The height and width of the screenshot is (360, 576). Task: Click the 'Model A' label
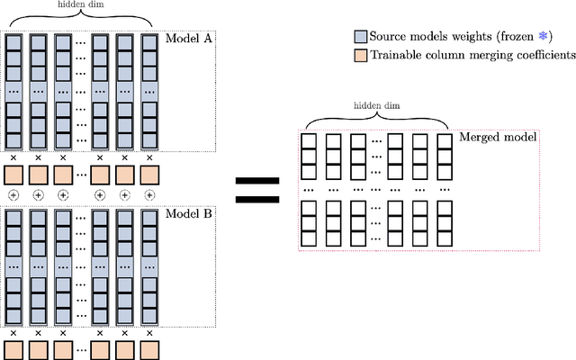pos(190,40)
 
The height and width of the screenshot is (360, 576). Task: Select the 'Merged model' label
pos(498,137)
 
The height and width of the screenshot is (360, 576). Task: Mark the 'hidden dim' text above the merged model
pos(377,105)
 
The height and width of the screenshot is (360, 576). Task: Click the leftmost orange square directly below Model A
pos(14,174)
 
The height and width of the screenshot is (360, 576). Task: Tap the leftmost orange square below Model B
pos(14,349)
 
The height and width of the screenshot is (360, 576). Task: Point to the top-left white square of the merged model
pos(308,142)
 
